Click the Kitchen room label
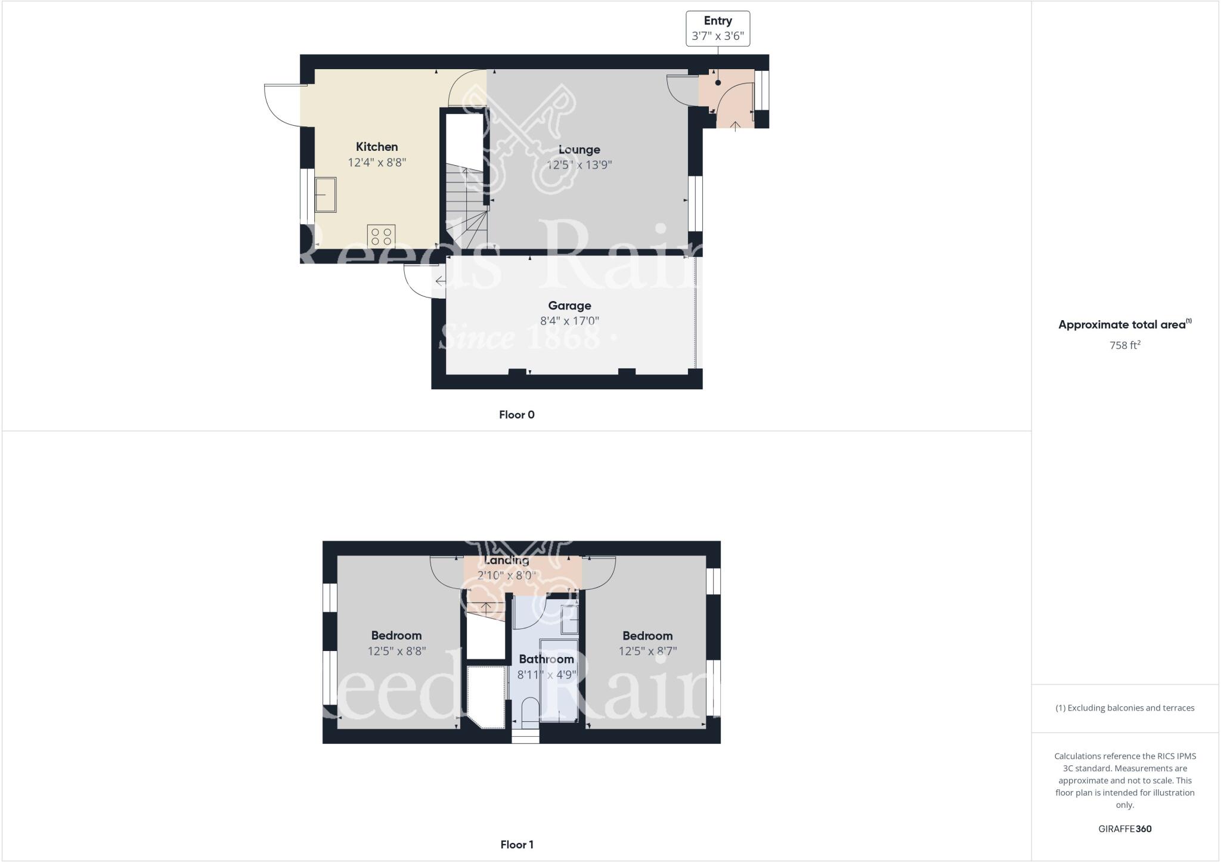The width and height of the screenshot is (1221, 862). pos(377,147)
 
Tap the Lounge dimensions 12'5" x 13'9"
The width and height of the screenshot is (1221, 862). pos(579,165)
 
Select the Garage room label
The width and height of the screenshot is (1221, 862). pos(569,306)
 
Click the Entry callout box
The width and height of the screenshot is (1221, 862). pos(717,28)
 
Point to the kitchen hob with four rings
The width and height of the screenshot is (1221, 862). pos(381,236)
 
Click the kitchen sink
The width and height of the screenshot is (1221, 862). pos(326,194)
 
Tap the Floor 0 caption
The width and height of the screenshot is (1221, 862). pos(516,415)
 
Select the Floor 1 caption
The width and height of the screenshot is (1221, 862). pos(516,844)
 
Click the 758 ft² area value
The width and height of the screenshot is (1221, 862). pos(1124,345)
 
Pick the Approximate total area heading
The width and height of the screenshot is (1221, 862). pos(1124,325)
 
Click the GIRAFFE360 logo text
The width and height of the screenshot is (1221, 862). pos(1124,829)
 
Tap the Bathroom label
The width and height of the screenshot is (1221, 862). pos(546,659)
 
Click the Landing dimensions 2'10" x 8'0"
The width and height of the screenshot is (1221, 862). pos(506,576)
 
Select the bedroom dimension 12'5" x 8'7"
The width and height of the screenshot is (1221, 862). pos(647,651)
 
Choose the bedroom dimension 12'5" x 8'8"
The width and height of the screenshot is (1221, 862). pos(396,651)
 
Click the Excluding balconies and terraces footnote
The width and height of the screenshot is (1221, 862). pos(1124,708)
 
